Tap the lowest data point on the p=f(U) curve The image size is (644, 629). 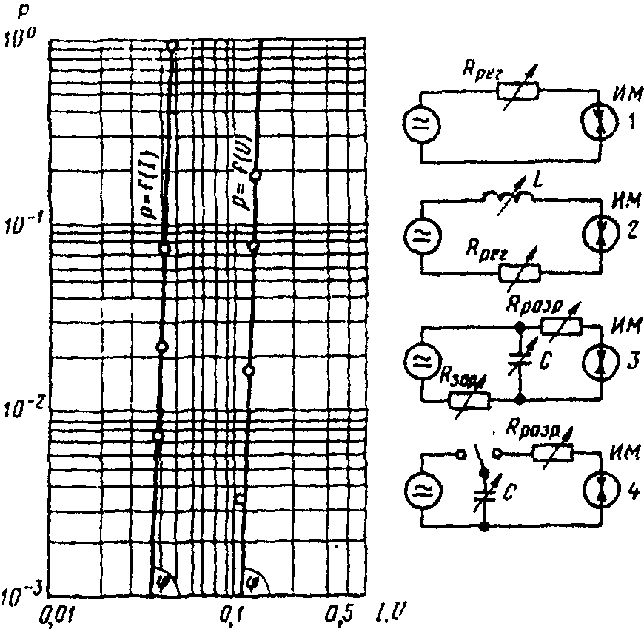point(240,497)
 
